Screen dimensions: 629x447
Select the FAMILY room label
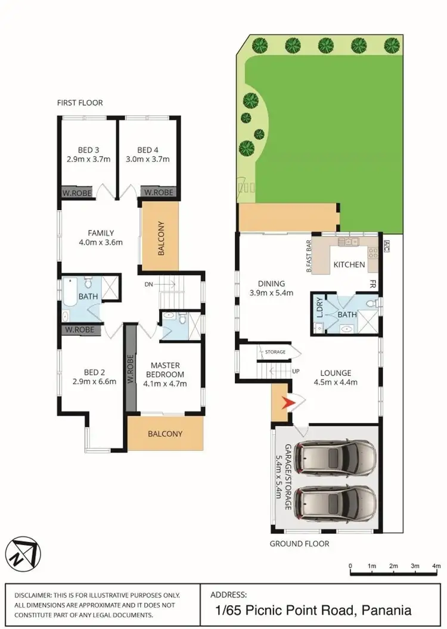(x=100, y=233)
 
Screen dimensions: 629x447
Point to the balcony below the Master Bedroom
(x=165, y=434)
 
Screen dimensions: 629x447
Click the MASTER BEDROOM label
(x=165, y=369)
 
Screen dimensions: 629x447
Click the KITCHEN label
(x=349, y=264)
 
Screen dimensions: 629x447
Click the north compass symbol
(x=22, y=552)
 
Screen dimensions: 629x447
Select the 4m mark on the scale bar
(x=436, y=565)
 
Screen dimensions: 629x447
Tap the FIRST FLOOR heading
(x=80, y=103)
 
